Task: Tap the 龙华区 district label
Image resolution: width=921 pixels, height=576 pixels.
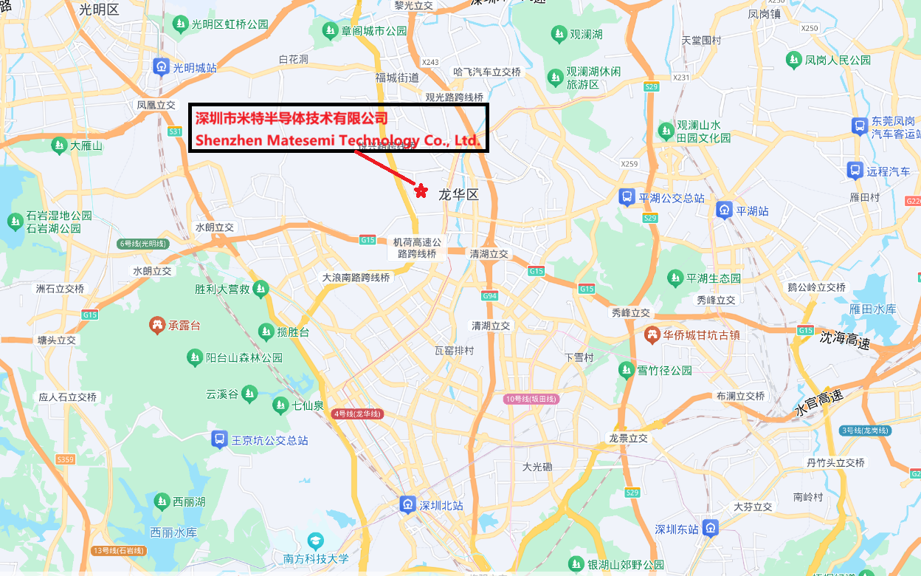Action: pyautogui.click(x=458, y=195)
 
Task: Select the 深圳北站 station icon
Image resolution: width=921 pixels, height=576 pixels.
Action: pyautogui.click(x=407, y=505)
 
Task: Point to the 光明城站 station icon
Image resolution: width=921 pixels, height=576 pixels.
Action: pyautogui.click(x=161, y=67)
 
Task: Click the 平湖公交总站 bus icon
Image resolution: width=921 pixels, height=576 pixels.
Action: pyautogui.click(x=626, y=197)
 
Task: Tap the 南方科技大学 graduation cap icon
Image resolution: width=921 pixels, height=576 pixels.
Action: pyautogui.click(x=316, y=541)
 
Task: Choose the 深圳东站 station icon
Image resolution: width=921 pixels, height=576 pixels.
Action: pyautogui.click(x=710, y=529)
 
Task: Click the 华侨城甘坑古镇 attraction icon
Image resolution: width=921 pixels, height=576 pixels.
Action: pyautogui.click(x=652, y=335)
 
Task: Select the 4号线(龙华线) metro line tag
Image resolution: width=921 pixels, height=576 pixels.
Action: pyautogui.click(x=357, y=414)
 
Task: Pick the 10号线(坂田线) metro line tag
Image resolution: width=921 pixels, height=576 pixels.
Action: pyautogui.click(x=531, y=399)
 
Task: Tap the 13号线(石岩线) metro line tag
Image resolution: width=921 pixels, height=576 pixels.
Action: pyautogui.click(x=119, y=551)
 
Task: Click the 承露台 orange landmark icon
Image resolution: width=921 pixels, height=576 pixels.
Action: pyautogui.click(x=156, y=325)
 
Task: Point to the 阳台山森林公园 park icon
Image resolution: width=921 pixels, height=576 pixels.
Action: pyautogui.click(x=194, y=357)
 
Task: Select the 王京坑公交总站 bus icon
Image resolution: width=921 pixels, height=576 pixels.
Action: pyautogui.click(x=219, y=439)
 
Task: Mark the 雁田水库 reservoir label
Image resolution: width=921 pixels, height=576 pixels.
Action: pyautogui.click(x=872, y=309)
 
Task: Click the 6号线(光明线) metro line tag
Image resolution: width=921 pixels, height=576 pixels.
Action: pyautogui.click(x=143, y=244)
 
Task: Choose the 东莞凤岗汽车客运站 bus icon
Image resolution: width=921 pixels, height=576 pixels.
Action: pyautogui.click(x=860, y=126)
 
